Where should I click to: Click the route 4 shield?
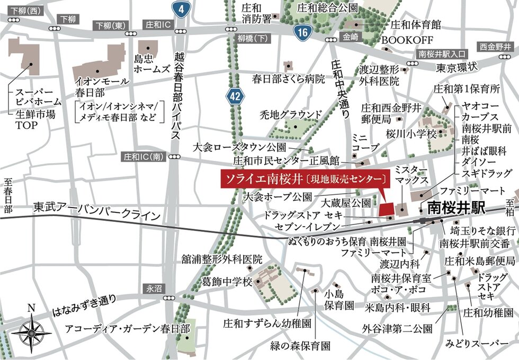tap(181, 10)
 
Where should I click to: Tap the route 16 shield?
tap(302, 33)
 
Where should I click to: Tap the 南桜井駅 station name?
tap(456, 207)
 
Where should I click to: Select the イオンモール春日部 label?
tap(102, 86)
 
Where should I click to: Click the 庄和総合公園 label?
tap(328, 8)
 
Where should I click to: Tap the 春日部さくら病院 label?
tap(288, 80)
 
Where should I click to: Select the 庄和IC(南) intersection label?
tap(142, 157)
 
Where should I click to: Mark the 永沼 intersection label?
tap(153, 289)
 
